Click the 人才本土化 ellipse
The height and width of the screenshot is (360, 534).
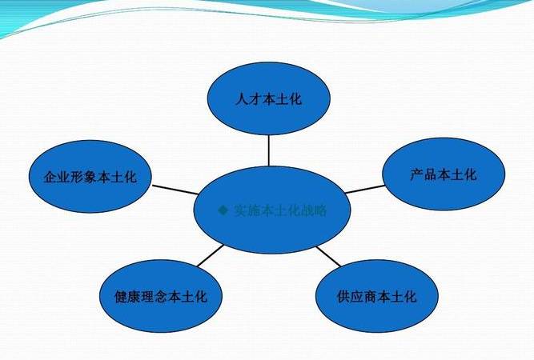269,99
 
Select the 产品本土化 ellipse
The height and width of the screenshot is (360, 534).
443,174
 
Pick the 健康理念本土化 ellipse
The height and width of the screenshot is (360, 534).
155,297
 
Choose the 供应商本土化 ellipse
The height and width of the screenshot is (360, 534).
376,297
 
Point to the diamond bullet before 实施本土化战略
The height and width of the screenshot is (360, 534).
223,211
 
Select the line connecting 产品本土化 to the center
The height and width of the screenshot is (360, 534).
364,189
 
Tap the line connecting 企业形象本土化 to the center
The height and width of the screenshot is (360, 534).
175,190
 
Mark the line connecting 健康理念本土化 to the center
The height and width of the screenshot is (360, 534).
210,256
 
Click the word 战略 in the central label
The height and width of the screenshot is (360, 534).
315,211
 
